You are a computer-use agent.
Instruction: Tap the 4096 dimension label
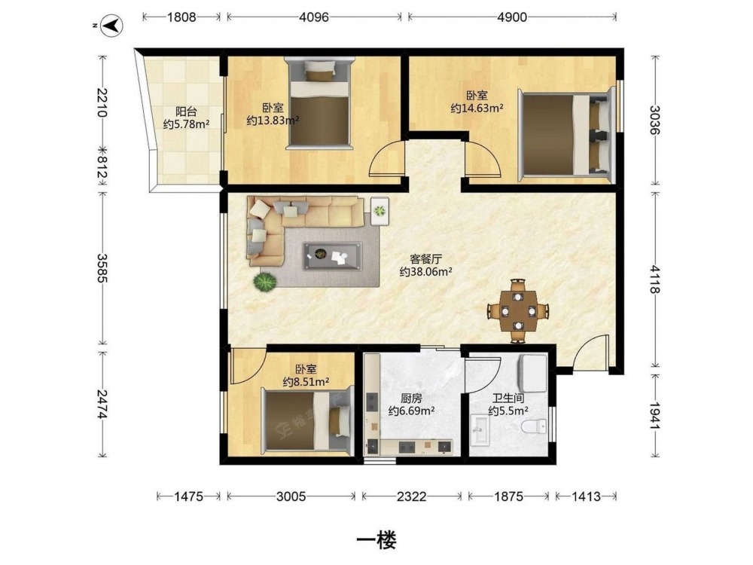(x=314, y=17)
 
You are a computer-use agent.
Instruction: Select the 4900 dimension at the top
(x=512, y=17)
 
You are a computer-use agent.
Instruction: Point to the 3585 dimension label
(x=102, y=268)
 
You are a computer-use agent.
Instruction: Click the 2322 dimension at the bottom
(x=412, y=496)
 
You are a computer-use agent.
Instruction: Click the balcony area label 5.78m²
(x=186, y=124)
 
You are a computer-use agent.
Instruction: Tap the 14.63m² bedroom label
(x=477, y=108)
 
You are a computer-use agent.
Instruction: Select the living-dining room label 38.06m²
(x=426, y=272)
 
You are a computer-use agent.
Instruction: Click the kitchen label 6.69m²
(x=412, y=411)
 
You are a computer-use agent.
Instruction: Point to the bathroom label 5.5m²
(x=508, y=411)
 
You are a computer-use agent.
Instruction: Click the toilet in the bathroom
(x=534, y=426)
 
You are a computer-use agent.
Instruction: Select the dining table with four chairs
(x=518, y=311)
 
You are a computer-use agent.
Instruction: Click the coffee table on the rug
(x=332, y=255)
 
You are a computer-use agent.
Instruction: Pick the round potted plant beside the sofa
(x=265, y=282)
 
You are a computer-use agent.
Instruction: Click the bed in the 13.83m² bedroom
(x=319, y=103)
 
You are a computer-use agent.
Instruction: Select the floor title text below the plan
(x=376, y=540)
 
